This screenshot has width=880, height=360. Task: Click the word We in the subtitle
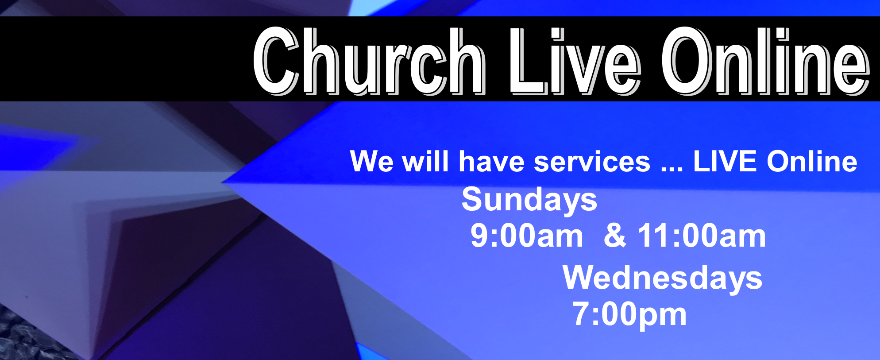coord(371,161)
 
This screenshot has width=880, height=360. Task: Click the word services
coord(592,161)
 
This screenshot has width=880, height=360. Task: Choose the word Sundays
coord(529,200)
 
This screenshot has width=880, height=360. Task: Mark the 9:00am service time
coord(527,236)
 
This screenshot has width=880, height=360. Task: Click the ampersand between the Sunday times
coord(615,236)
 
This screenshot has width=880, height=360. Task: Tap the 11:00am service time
coord(702,236)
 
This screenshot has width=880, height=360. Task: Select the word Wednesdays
coord(662,279)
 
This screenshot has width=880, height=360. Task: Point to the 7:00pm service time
coord(629,315)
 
